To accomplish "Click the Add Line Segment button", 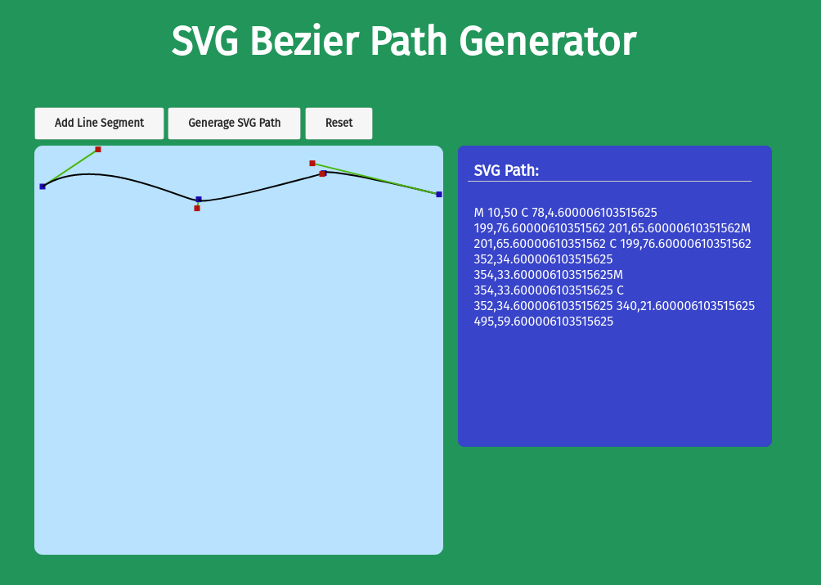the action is coord(99,123).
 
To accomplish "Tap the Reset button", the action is coord(339,123).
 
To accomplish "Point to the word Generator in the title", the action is coord(548,42).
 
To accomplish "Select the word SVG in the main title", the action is coord(205,42).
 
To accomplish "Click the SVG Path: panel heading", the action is coord(506,170).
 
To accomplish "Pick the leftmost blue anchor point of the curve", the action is coord(43,187).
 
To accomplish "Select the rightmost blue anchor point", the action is coord(439,194).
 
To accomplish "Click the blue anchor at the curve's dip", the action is coord(199,199).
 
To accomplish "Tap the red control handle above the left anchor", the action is coord(98,149).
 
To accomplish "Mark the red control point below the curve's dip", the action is coord(197,209).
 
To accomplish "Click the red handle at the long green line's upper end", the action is coord(312,164).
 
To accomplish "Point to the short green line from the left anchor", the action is coord(70,168).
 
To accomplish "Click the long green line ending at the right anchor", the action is coord(376,178).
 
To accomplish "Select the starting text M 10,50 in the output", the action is coord(496,213).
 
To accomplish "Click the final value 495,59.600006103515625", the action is coord(544,321).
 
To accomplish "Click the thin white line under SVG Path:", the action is coord(609,181).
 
